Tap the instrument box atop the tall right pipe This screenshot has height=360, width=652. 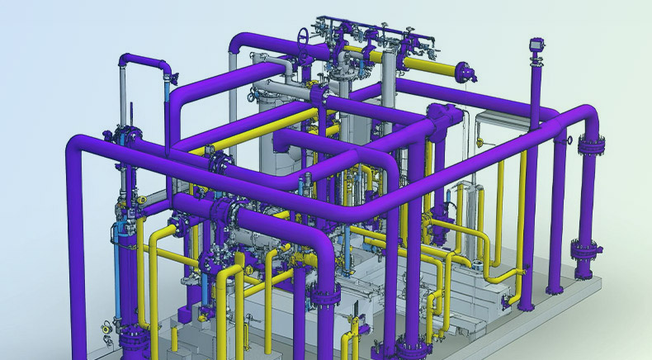[x=536, y=41]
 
